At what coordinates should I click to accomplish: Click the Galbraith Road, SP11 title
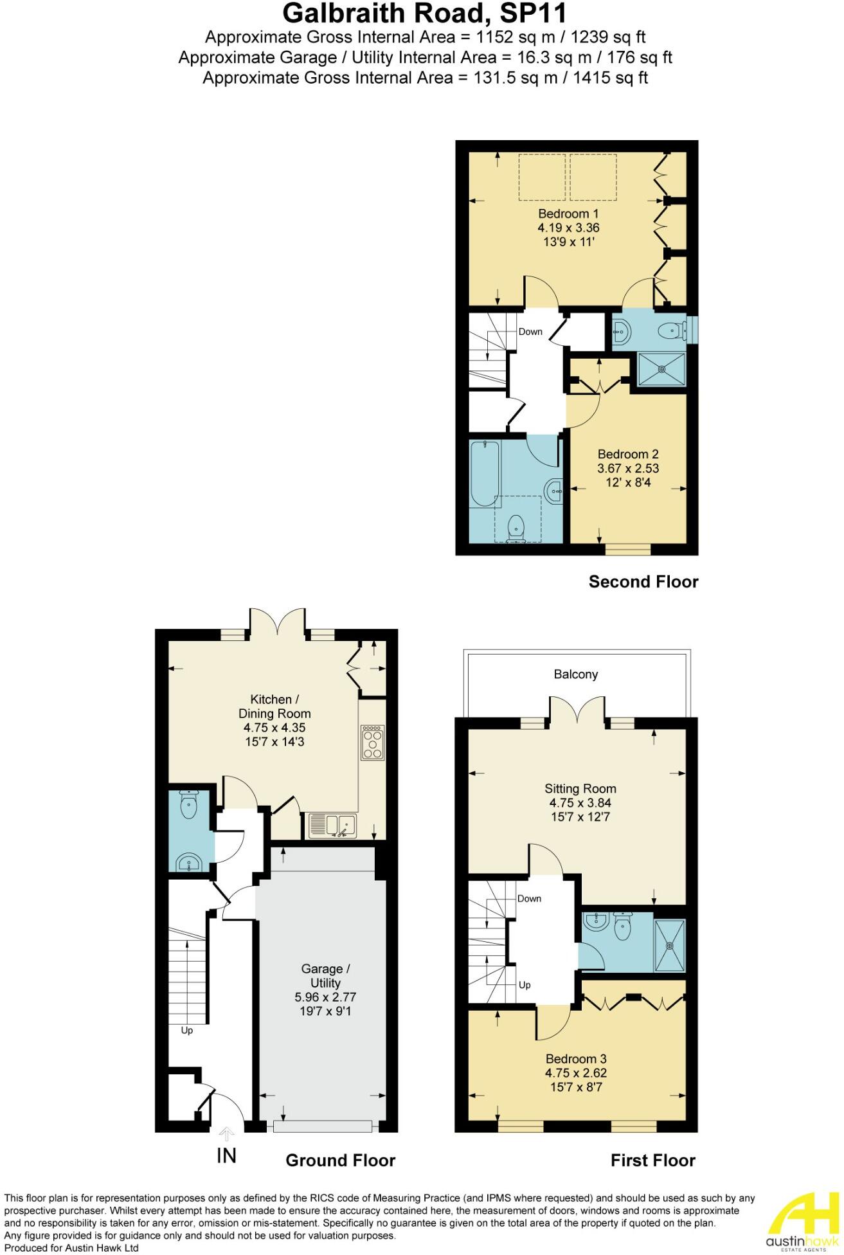425,14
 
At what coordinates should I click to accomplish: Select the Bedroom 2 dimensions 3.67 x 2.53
628,468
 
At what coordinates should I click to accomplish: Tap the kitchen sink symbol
333,826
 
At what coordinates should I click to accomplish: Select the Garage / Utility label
325,975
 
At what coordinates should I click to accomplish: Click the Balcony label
576,674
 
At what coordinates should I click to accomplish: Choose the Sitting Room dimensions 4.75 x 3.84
580,802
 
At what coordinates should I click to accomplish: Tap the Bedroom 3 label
576,1058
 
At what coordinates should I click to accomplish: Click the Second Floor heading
643,582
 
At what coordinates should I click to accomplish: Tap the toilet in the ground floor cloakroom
188,806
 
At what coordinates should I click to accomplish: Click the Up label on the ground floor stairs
187,1031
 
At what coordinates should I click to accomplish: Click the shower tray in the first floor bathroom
670,945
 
